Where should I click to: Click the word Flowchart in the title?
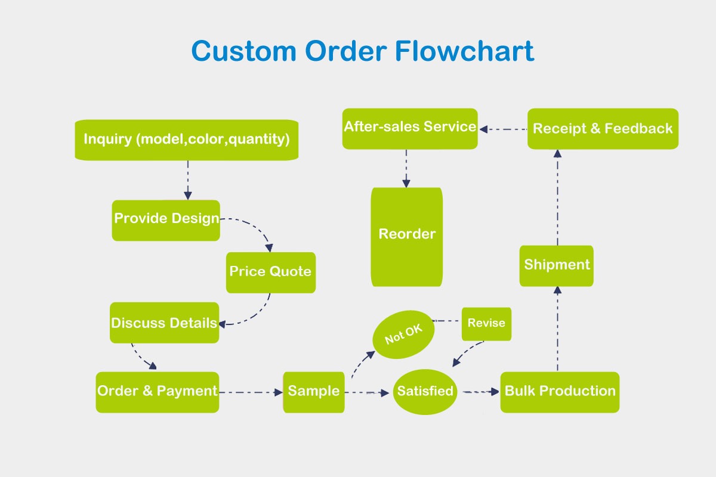pos(464,51)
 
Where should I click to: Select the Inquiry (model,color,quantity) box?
pos(187,140)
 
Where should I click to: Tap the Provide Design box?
pos(166,221)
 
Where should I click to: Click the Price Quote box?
pos(271,272)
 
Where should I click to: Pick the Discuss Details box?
pos(164,323)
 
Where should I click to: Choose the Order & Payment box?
pos(158,392)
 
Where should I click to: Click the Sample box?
pos(314,392)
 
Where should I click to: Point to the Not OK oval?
pos(403,334)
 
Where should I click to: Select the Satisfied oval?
pos(425,392)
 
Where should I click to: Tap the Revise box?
pos(486,324)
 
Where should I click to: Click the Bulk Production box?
pos(560,392)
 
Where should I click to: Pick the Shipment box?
pos(557,266)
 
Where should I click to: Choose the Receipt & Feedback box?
pos(603,129)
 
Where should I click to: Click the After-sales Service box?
pos(410,129)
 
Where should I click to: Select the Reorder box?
pos(406,237)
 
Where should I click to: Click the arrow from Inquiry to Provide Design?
pos(188,180)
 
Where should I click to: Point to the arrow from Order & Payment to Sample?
pos(251,392)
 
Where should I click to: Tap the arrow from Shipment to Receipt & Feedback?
pos(557,197)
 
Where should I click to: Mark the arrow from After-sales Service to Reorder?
pos(406,168)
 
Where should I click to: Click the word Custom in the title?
pos(244,51)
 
